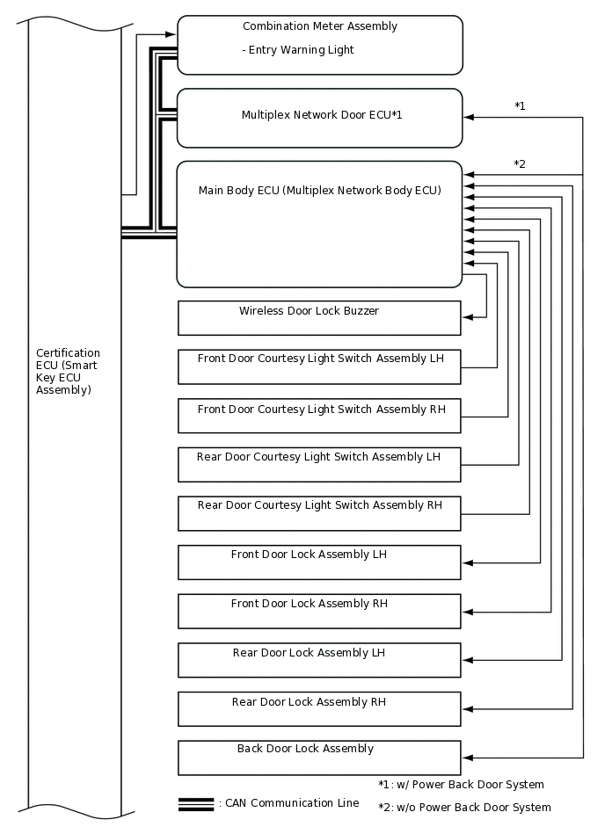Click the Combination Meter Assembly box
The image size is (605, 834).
point(319,44)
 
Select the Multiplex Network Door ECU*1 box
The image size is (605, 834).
point(319,118)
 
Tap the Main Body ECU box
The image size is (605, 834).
point(319,224)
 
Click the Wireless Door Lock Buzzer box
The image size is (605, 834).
point(319,318)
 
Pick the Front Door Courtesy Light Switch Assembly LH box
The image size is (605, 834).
point(319,366)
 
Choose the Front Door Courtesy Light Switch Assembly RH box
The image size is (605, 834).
point(319,416)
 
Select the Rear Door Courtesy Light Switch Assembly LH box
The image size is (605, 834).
point(319,465)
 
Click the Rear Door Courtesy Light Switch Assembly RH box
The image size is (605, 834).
point(319,513)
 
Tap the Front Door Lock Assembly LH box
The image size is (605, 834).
point(319,562)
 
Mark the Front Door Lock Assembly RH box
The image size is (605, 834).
point(319,612)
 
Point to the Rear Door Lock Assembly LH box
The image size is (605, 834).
point(319,660)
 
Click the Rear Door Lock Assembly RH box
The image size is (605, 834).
point(319,709)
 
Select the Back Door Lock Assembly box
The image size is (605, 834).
point(319,758)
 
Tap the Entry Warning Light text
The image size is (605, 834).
point(298,50)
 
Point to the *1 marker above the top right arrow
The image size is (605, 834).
point(520,106)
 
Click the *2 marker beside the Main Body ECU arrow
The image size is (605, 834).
point(520,164)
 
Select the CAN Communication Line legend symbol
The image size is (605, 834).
point(195,803)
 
